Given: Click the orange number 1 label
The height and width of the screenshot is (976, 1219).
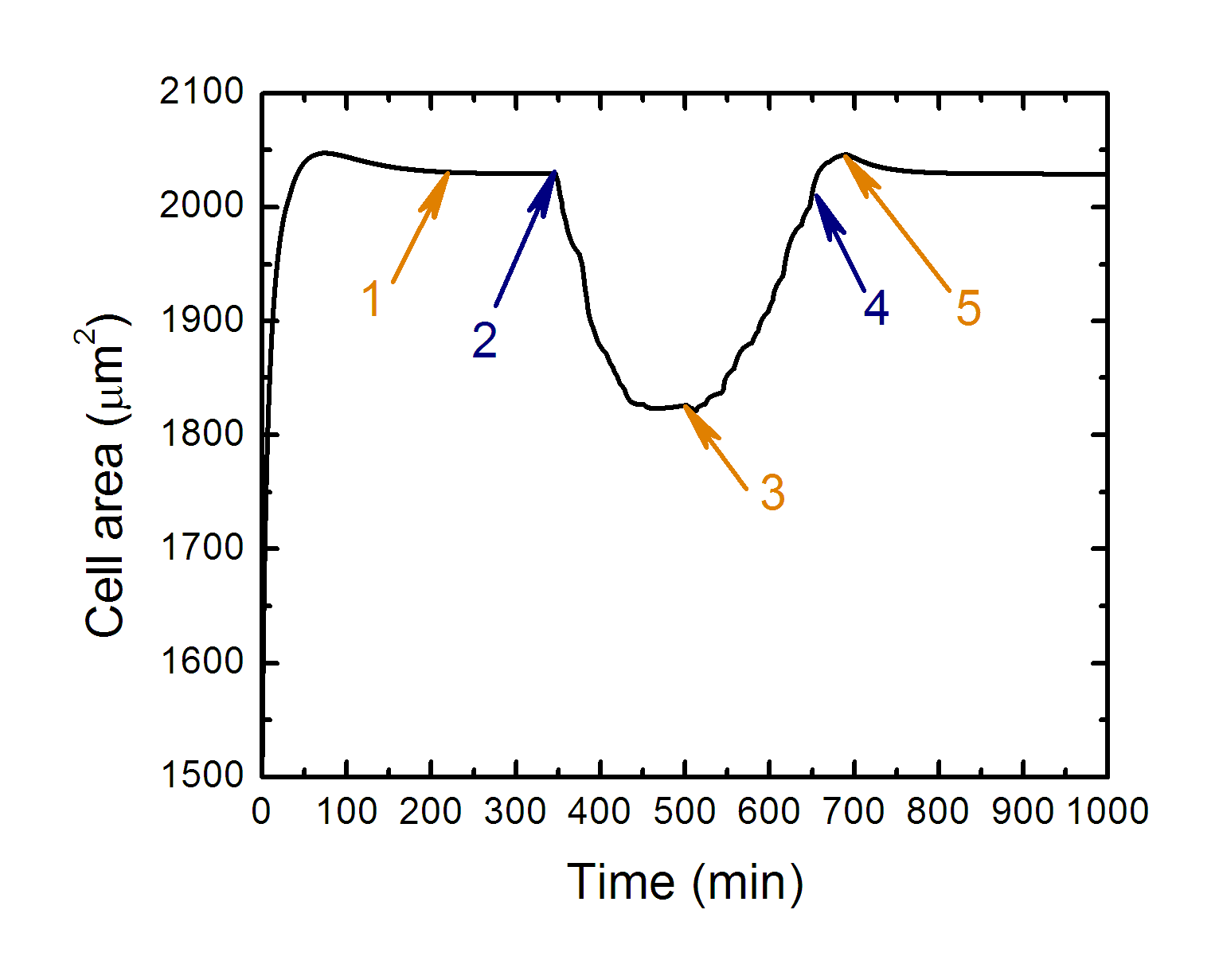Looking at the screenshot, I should (372, 299).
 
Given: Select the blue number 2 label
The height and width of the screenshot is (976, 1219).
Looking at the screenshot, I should (484, 340).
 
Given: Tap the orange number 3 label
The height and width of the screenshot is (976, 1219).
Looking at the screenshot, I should (772, 492).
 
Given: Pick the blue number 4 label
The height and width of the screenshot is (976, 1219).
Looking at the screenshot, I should (876, 307).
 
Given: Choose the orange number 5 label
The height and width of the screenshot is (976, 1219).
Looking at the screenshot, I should (968, 308).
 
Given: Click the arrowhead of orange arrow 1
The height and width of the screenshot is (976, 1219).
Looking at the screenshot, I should (448, 173).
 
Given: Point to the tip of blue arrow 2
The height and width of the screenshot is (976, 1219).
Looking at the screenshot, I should (554, 172).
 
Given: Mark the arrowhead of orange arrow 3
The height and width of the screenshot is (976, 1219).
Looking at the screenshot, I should (686, 406).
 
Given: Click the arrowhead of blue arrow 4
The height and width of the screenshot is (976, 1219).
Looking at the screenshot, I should (816, 196).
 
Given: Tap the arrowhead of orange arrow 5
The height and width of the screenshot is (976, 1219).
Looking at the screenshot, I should (845, 155).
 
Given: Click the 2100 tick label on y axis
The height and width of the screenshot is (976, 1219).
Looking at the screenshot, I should (201, 92).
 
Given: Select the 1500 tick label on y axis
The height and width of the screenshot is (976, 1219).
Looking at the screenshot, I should (201, 775).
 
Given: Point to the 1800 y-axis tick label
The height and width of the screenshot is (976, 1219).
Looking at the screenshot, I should (201, 434).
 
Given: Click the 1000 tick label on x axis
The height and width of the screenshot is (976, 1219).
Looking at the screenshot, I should (1107, 812).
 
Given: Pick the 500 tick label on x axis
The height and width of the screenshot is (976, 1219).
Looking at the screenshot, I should (685, 812).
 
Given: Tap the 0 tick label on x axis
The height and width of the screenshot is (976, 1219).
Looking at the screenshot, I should (262, 812).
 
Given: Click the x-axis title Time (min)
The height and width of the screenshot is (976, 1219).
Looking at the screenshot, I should (685, 882).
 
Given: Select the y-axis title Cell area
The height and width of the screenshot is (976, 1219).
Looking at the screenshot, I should (105, 478).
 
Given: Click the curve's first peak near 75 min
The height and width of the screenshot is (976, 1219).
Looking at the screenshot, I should (323, 151).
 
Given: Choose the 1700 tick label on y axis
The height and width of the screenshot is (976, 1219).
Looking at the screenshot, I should (201, 548).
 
